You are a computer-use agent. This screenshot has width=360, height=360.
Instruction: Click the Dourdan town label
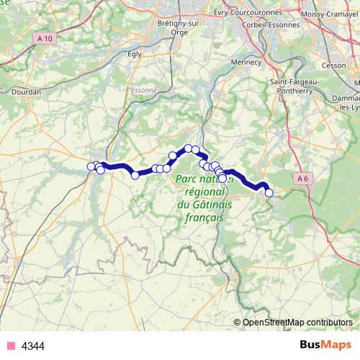click(x=26, y=91)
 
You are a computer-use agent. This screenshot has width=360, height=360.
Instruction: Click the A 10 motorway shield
click(x=44, y=58)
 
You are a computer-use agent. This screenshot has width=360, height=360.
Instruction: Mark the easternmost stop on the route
click(x=269, y=192)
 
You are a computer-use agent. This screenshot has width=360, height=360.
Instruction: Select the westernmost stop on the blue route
click(x=91, y=167)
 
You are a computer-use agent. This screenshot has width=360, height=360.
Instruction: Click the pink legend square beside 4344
click(x=9, y=346)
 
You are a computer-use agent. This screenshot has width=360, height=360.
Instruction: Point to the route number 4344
click(x=33, y=346)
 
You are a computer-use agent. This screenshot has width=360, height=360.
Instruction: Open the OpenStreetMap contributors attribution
click(x=297, y=322)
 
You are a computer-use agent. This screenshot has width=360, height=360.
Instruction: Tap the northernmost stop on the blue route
click(x=188, y=148)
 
